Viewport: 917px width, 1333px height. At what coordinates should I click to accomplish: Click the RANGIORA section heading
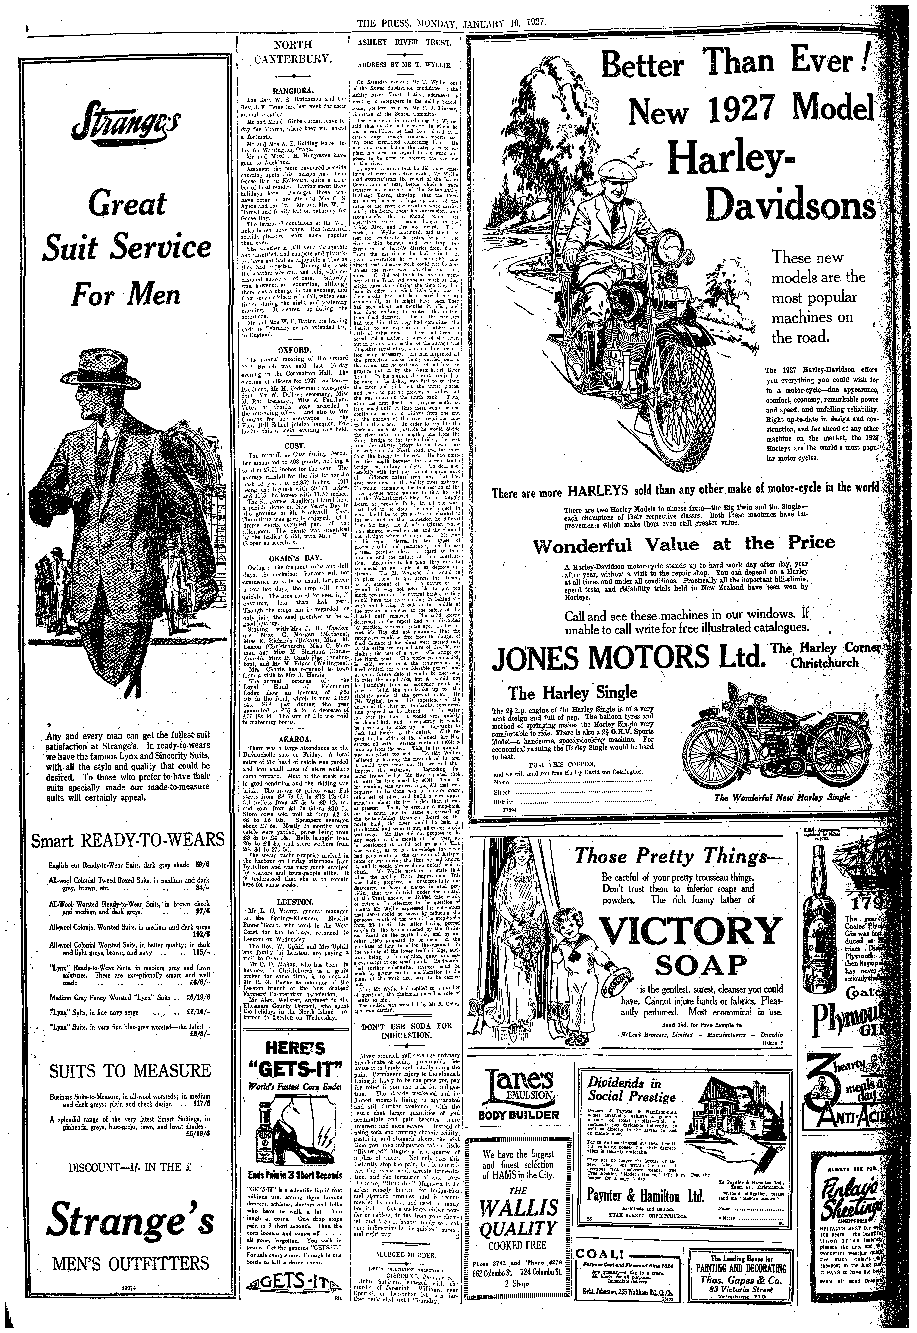[293, 91]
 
